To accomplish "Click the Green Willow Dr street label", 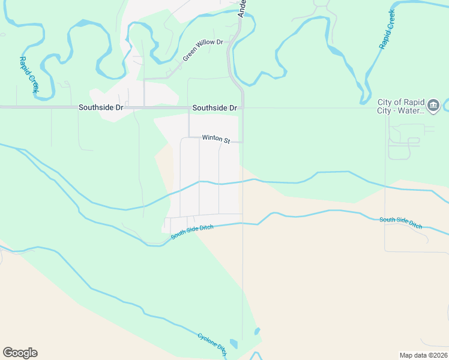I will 203,50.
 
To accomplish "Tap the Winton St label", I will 216,139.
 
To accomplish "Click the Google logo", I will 20,353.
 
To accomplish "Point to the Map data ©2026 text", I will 423,355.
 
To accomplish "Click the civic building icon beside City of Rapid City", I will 433,106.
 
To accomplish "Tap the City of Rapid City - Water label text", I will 401,106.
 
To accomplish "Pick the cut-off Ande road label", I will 242,8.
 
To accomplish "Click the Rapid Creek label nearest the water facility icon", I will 387,29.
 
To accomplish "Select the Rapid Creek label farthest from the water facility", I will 28,75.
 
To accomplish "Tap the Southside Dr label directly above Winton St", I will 214,108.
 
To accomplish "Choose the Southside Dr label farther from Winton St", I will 101,107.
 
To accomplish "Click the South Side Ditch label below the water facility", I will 400,223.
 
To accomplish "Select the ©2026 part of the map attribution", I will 436,355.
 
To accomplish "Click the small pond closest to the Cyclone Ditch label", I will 233,344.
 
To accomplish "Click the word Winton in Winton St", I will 212,138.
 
